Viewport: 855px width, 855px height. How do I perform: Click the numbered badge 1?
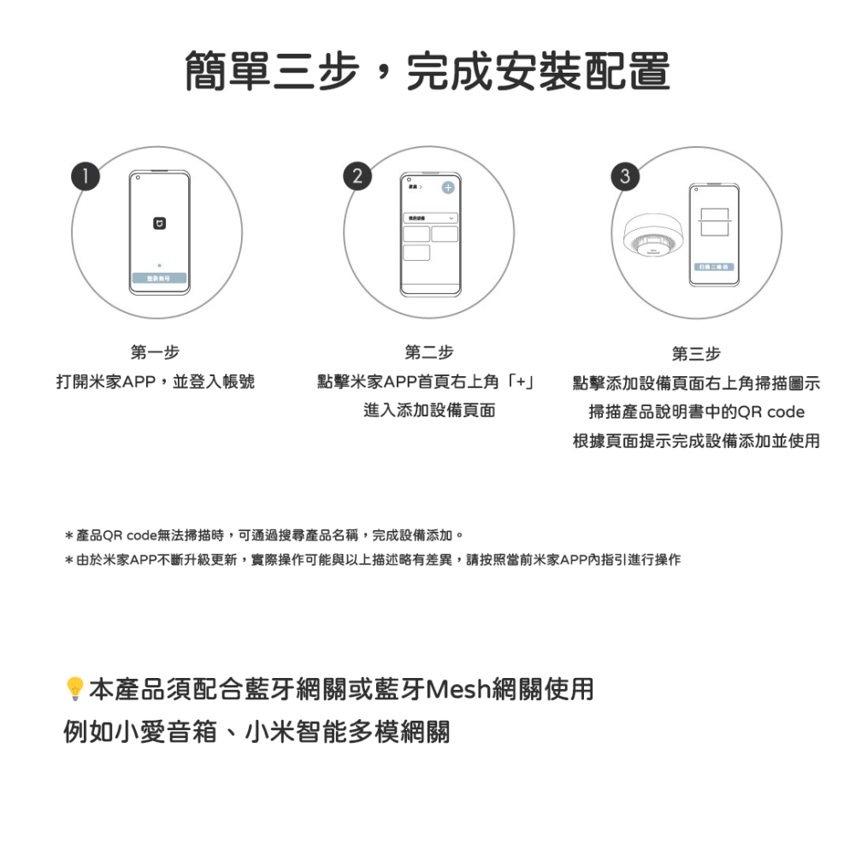point(85,176)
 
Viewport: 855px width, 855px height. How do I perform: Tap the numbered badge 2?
point(357,176)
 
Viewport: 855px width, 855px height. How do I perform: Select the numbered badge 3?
point(626,176)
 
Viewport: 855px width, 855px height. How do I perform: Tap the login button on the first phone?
point(160,279)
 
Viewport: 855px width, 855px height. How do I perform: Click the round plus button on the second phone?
point(448,188)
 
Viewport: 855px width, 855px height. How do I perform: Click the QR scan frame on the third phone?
point(713,221)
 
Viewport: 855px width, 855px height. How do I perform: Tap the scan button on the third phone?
point(713,268)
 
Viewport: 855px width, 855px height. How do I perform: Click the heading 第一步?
point(155,352)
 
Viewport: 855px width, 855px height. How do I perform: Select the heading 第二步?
point(429,352)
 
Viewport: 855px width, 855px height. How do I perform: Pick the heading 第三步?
point(696,353)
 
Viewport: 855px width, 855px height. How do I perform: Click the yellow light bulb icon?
point(74,688)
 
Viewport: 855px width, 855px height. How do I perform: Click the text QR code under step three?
point(771,412)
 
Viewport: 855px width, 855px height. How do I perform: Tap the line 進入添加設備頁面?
point(429,410)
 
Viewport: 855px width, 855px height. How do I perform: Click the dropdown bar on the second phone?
point(430,218)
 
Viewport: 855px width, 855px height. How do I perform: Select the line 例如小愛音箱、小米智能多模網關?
point(256,733)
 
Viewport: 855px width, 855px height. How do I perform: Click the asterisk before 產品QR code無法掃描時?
point(68,536)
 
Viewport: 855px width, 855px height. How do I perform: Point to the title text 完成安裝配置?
point(537,72)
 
